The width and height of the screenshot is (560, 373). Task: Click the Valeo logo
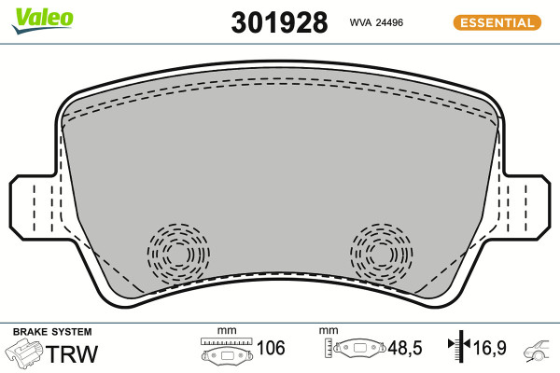tap(43, 20)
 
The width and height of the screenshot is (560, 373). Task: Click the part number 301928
tap(279, 22)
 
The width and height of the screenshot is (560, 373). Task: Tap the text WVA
tap(360, 22)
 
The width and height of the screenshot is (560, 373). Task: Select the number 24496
tap(389, 22)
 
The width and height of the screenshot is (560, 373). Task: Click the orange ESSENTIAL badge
tap(497, 22)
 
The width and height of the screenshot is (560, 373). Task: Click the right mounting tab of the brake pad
tap(525, 207)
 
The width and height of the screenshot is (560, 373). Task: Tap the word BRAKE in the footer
tap(30, 332)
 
